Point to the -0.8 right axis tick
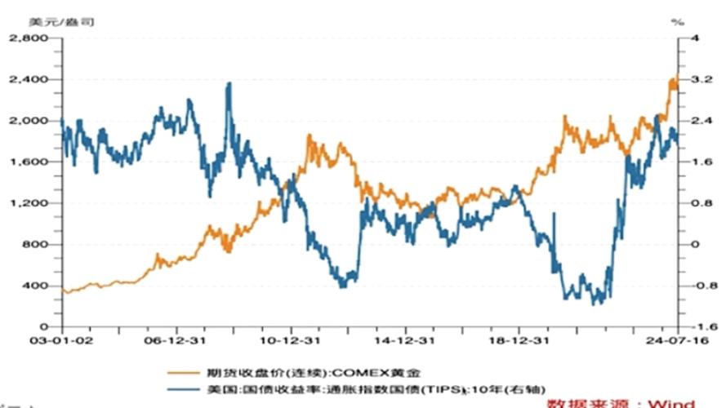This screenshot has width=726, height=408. tap(697, 286)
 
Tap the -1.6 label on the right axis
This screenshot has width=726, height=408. tap(697, 326)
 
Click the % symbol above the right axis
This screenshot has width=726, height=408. tap(678, 22)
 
